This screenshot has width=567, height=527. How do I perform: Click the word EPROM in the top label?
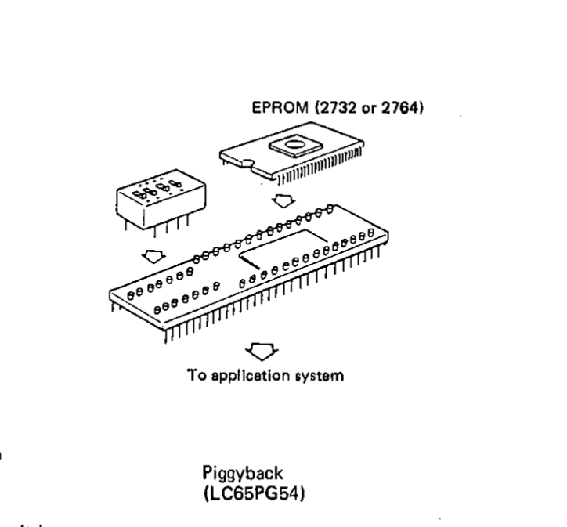(280, 107)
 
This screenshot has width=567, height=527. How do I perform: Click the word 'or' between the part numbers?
(368, 108)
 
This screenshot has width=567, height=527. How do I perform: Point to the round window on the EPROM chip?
(295, 145)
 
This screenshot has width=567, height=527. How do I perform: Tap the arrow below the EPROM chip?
(283, 200)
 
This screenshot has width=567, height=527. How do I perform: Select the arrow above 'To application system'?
(262, 352)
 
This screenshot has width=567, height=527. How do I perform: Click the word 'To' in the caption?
(197, 375)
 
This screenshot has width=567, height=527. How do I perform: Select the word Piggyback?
(243, 474)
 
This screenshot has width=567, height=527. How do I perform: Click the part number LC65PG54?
(255, 494)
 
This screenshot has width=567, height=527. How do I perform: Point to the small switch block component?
(161, 200)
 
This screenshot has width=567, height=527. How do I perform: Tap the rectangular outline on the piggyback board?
(283, 248)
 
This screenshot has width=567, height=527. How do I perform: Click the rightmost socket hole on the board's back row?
(330, 208)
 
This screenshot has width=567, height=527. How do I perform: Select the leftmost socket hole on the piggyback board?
(131, 295)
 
